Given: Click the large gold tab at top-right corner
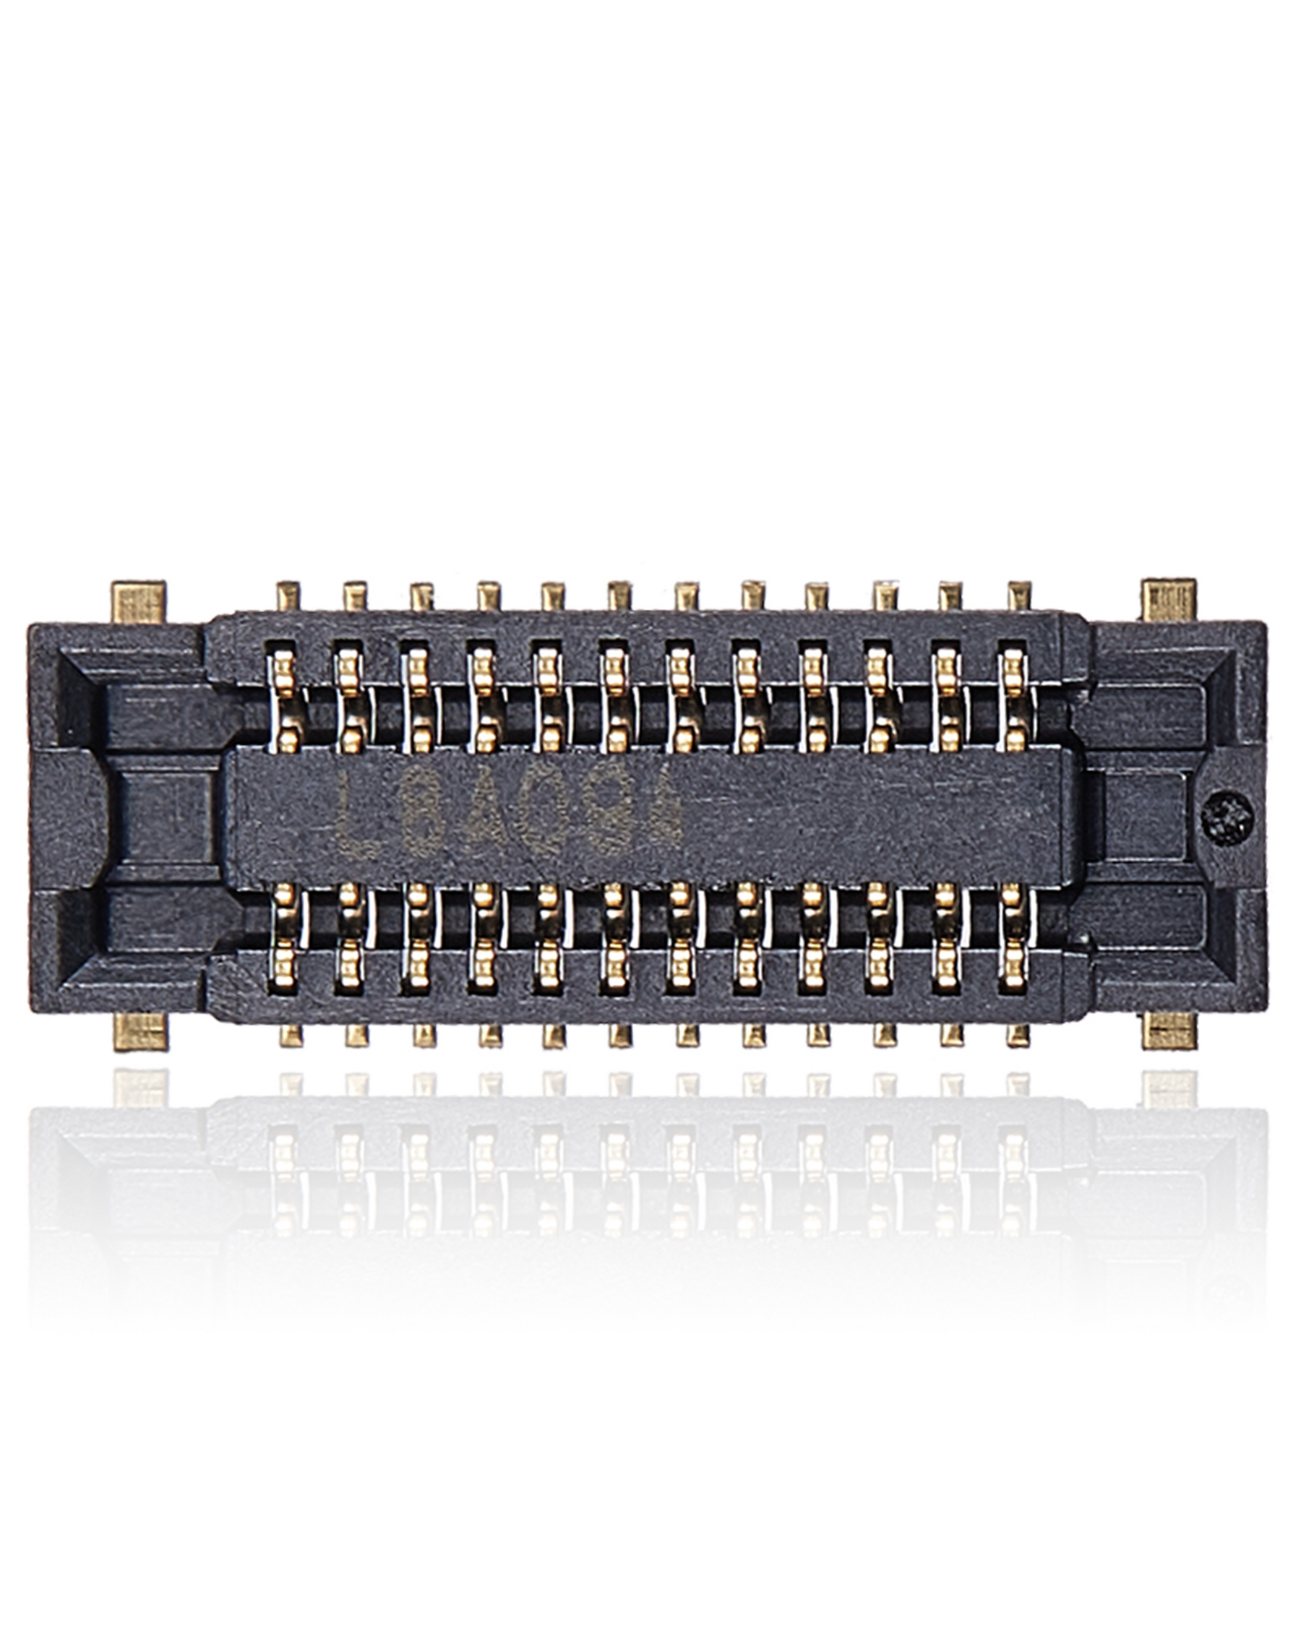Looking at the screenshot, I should click(1169, 600).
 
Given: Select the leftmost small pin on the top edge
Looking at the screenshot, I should click(288, 596).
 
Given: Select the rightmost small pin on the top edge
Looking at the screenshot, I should click(1019, 596).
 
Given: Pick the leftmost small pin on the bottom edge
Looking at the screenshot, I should click(291, 1035).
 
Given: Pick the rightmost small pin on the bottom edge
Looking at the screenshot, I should click(1018, 1035).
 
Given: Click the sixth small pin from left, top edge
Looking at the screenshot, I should click(620, 596).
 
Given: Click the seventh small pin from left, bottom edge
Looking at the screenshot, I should click(687, 1035).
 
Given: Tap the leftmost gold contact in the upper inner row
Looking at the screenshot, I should click(284, 702).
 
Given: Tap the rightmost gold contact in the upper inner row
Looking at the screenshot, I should click(1013, 702).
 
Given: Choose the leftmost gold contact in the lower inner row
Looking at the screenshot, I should click(284, 935).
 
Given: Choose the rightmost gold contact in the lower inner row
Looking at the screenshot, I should click(1013, 935).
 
